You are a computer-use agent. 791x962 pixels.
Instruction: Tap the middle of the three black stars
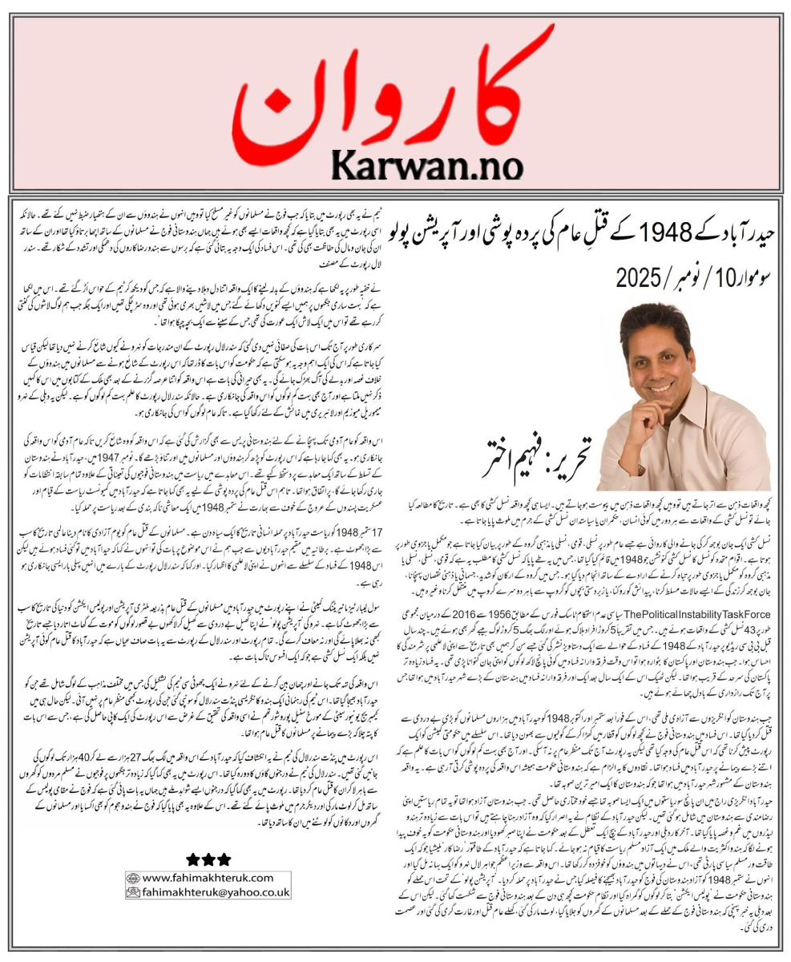click(208, 860)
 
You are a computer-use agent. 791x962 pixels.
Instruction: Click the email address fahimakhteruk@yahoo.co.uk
click(214, 891)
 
